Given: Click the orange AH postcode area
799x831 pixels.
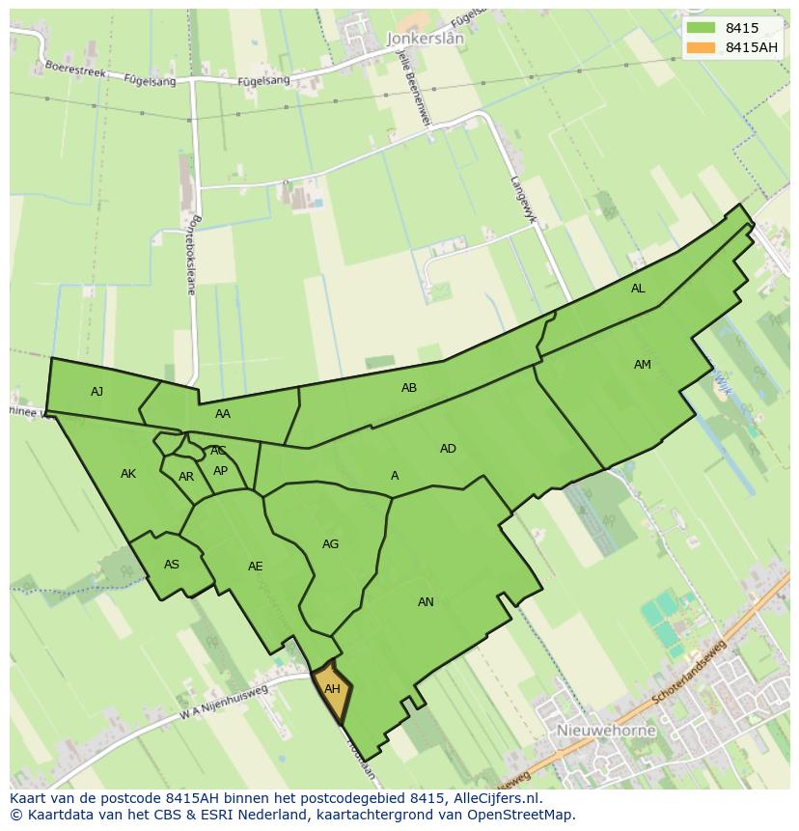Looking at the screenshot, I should click(332, 691).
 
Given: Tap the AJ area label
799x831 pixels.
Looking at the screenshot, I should click(96, 391).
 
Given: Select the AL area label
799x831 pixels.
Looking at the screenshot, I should click(638, 289).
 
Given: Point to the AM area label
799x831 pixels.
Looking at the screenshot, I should click(643, 365).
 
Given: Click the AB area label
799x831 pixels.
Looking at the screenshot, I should click(409, 388).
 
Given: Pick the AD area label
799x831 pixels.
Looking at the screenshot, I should click(448, 449).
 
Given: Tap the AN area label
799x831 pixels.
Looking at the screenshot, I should click(426, 602).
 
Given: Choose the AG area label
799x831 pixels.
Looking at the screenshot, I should click(330, 544).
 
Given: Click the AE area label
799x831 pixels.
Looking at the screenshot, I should click(255, 567).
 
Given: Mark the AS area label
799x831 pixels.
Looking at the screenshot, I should click(172, 565).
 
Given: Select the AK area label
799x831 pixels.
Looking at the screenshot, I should click(128, 474).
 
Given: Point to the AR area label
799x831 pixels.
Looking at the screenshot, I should click(186, 477).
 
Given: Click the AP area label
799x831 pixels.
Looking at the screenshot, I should click(220, 471).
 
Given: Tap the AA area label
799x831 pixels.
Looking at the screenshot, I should click(223, 414).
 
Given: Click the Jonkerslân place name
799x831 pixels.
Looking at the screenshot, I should click(425, 39).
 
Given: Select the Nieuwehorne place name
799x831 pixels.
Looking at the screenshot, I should click(606, 731).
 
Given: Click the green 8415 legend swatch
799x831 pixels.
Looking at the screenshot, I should click(702, 28).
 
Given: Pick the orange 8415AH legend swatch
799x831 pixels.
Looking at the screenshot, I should click(702, 47).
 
